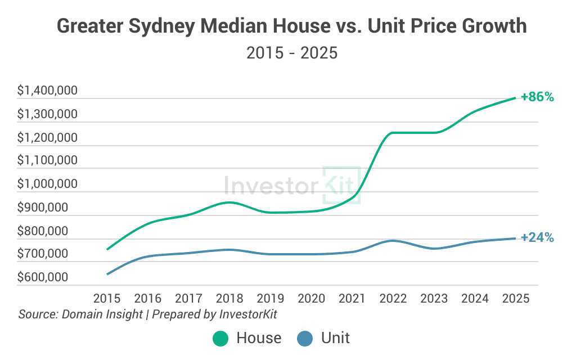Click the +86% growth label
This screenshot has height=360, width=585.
coord(537,97)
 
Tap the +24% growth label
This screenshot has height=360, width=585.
coord(537,237)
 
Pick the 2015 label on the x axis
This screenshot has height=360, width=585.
coord(107,298)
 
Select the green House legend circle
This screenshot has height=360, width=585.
coord(220,338)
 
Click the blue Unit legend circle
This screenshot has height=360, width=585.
coord(304,338)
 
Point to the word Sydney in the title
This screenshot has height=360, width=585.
coord(166,26)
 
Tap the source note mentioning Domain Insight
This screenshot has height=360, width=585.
coord(147,314)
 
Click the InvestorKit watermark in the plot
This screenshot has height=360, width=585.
coord(292,184)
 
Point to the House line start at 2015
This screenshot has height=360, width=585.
coord(107,249)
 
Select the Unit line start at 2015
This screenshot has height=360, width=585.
coord(107,274)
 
